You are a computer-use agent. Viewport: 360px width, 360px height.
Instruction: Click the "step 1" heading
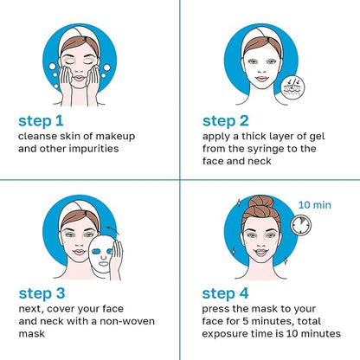pos(41,121)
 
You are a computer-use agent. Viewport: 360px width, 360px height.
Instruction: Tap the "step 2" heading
pos(225,121)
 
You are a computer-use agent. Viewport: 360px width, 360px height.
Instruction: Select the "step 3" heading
pos(42,294)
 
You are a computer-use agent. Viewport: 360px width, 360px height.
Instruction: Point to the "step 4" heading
pos(225,294)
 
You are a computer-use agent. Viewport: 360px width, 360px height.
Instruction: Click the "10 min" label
pos(315,205)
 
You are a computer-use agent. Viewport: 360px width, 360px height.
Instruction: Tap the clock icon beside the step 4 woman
pos(301,225)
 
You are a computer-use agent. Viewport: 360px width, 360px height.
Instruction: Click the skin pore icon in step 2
pos(292,87)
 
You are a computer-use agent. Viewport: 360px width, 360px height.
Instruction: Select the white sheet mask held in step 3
pos(101,254)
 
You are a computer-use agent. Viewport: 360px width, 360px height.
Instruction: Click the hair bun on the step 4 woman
pos(261,202)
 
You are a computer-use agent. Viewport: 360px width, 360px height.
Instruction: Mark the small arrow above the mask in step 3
pos(112,229)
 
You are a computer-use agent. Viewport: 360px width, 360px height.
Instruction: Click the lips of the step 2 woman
pos(261,78)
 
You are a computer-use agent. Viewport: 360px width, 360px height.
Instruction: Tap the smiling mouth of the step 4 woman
pos(261,252)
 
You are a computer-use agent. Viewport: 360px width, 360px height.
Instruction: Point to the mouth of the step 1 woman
pos(79,78)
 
